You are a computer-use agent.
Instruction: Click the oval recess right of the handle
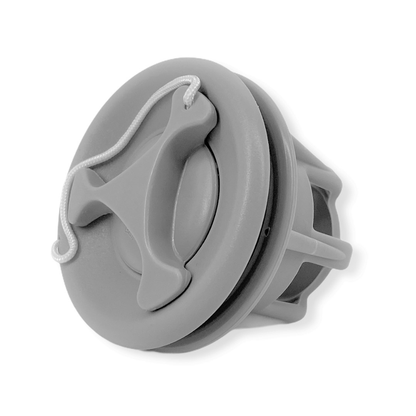click(x=196, y=204)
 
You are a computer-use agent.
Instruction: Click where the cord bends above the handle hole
click(x=193, y=83)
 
